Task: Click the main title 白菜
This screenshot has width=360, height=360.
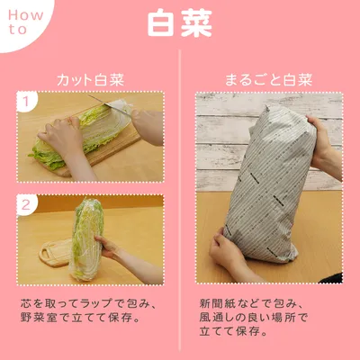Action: (x=180, y=24)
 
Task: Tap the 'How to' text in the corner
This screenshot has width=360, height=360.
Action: (x=25, y=22)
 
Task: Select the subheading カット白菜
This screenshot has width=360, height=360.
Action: (x=90, y=80)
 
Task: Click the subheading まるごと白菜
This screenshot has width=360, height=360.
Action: (x=269, y=80)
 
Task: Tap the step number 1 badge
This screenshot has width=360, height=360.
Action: (x=26, y=102)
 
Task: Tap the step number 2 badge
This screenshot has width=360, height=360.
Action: (x=26, y=205)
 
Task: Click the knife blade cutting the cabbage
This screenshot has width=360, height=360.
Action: (x=110, y=105)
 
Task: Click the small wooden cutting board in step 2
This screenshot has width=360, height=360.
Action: (x=56, y=254)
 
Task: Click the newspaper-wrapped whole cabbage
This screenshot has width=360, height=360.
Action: (x=271, y=187)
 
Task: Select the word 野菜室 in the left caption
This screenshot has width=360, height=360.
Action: (x=39, y=318)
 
